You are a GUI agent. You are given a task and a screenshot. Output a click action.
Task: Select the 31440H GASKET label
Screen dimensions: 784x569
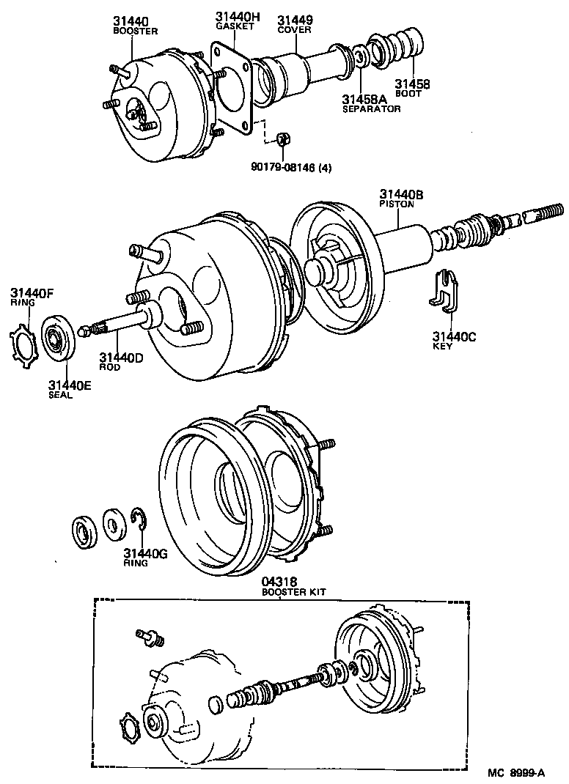(235, 21)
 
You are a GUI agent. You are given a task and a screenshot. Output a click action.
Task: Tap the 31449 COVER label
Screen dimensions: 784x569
(295, 25)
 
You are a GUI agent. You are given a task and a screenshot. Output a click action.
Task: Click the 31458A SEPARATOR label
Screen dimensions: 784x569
(371, 103)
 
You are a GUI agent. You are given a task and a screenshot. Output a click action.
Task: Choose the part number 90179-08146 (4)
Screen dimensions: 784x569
(291, 167)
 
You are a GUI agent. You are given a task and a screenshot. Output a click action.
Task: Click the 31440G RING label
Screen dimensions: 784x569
(145, 558)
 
